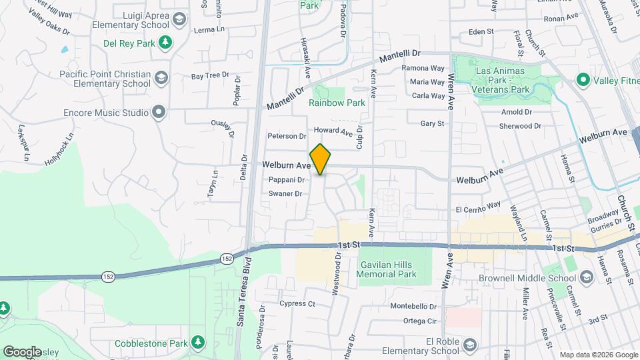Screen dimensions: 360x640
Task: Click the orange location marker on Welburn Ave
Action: click(x=320, y=159)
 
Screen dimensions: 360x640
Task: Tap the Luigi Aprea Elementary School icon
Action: click(x=179, y=19)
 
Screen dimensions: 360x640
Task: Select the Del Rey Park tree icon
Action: click(x=165, y=43)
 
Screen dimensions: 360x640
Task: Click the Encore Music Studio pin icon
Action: click(x=158, y=112)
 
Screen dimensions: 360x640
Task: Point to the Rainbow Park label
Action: click(x=337, y=103)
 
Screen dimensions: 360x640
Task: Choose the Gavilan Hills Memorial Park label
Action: click(x=387, y=269)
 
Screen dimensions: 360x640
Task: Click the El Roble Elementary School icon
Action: click(x=469, y=345)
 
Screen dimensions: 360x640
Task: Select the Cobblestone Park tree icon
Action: click(x=197, y=343)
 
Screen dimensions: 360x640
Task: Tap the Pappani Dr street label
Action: click(x=286, y=179)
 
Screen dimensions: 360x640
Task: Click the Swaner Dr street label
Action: click(x=285, y=194)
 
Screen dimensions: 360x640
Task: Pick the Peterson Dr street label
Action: click(x=286, y=136)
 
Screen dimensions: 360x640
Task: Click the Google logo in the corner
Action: click(x=22, y=351)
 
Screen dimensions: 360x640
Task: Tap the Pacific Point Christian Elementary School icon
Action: click(x=161, y=79)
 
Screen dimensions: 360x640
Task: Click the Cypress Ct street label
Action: click(x=297, y=304)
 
